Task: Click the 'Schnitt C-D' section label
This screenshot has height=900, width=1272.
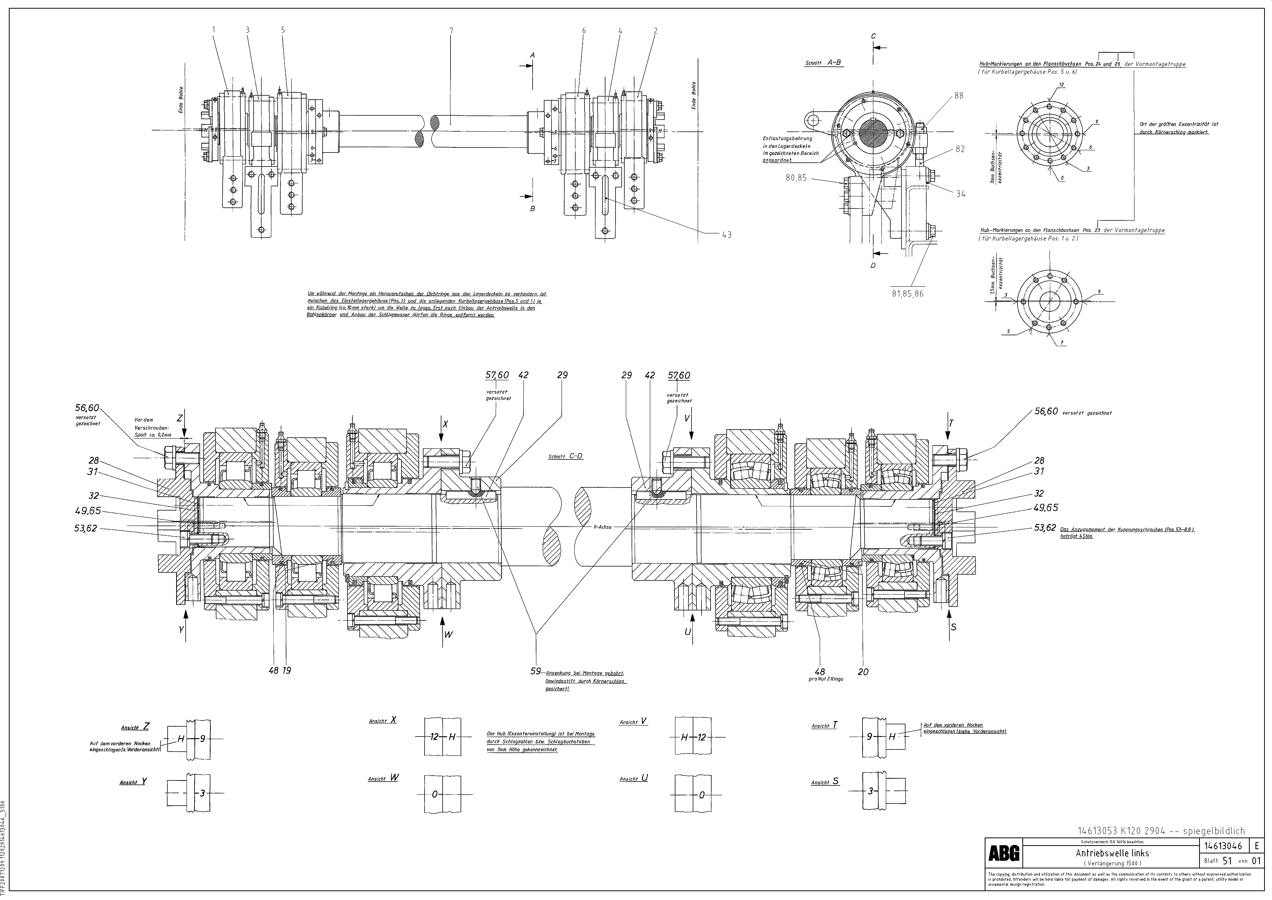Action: (565, 457)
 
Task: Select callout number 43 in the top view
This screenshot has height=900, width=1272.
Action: (726, 235)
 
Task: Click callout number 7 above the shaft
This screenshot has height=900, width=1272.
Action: (451, 31)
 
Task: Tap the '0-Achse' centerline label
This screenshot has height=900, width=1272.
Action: (602, 527)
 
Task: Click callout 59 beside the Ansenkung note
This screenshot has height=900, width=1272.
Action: (535, 671)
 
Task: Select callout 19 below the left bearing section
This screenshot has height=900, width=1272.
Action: (286, 671)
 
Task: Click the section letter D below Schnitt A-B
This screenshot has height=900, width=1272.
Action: (873, 265)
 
